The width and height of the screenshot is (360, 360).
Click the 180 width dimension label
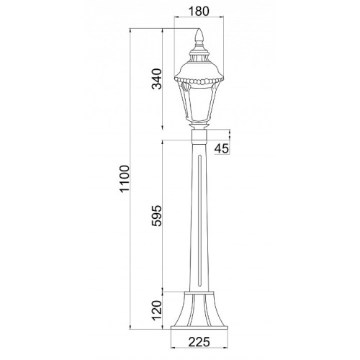point(199,11)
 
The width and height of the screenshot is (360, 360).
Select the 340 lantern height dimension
point(157,79)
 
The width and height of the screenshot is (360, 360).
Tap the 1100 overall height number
point(125,179)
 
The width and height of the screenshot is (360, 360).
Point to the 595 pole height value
point(157,216)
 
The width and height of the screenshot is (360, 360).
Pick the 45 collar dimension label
point(222,149)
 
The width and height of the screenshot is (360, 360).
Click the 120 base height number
point(157,310)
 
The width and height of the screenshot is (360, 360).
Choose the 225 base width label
point(199,342)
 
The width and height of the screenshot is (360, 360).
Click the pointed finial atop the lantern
point(199,37)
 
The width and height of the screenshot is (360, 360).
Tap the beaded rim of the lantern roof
point(199,81)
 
